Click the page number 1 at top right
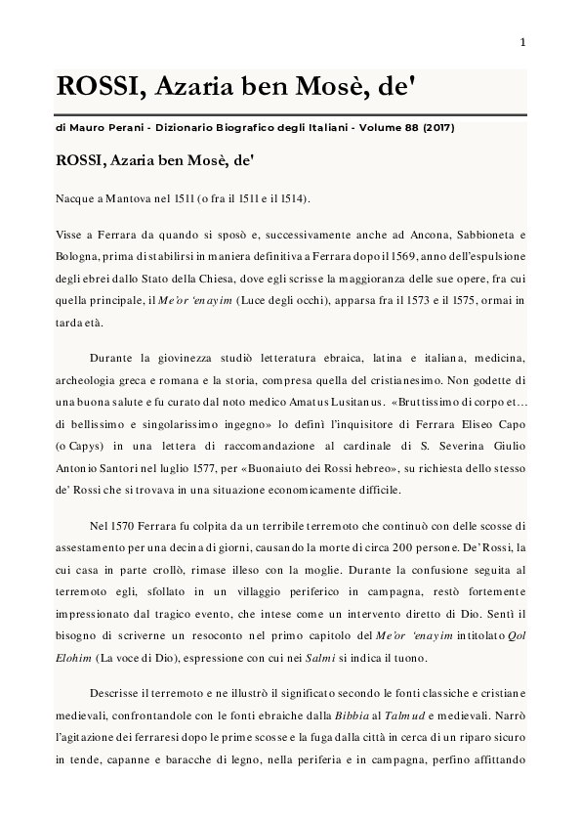point(523,42)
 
